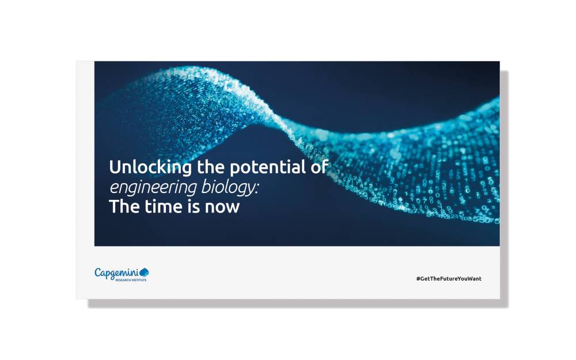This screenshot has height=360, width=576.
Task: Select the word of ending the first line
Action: pyautogui.click(x=320, y=168)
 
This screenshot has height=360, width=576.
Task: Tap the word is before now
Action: pyautogui.click(x=193, y=207)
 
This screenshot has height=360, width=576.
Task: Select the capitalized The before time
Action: pyautogui.click(x=122, y=207)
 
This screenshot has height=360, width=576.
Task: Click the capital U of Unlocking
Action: pyautogui.click(x=115, y=168)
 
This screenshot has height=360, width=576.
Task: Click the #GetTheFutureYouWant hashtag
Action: pyautogui.click(x=449, y=279)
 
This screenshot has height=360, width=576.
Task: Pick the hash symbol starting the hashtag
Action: pyautogui.click(x=418, y=279)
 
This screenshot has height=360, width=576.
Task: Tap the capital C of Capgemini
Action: pyautogui.click(x=98, y=272)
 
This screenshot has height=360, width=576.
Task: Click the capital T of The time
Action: pyautogui.click(x=113, y=207)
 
